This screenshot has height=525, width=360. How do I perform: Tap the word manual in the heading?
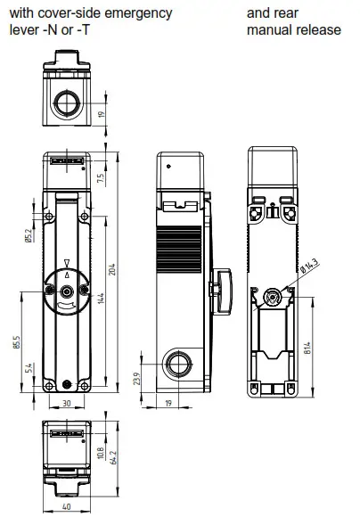pos(268,29)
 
